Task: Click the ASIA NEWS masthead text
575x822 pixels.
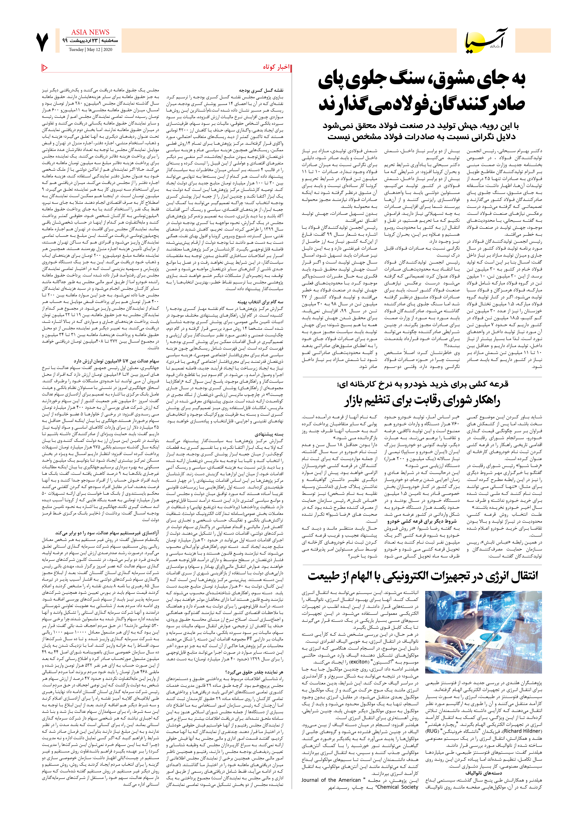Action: [90, 32]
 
